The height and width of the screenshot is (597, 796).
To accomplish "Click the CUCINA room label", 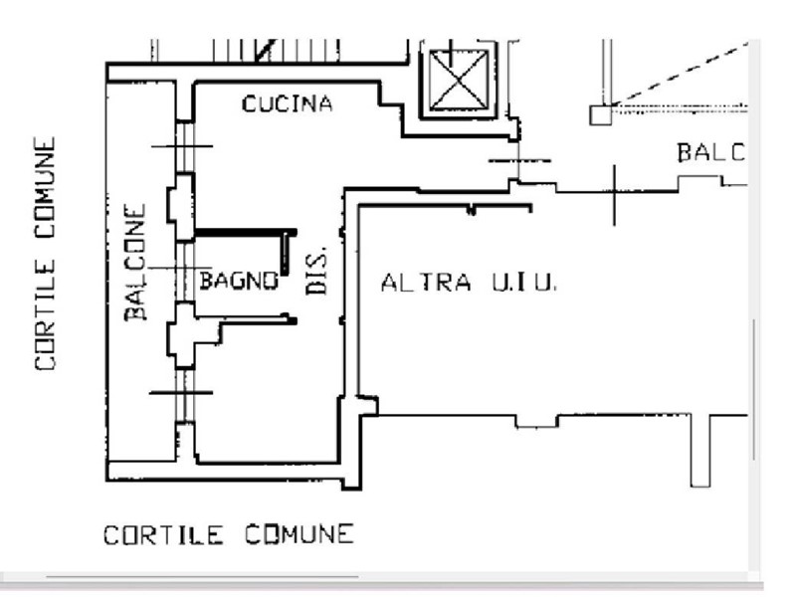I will [287, 103].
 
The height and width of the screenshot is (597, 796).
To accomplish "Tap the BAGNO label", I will [238, 280].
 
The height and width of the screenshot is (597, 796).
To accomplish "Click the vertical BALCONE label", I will [135, 262].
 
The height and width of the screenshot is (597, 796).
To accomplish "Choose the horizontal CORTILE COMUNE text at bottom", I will [228, 535].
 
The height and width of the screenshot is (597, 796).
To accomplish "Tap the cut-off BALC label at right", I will [710, 153].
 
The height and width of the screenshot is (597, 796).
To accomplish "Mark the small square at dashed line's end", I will [599, 114].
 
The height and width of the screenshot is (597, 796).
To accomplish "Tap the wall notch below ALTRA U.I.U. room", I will [535, 421].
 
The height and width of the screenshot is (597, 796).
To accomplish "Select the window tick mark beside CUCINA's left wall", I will [181, 146].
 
